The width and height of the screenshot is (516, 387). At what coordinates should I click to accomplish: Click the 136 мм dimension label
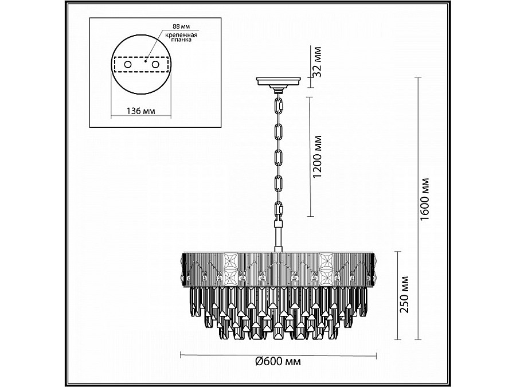pos(141,111)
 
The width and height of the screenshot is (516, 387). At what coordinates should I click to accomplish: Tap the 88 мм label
pos(181,26)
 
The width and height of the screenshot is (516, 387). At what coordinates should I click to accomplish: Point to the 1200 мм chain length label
pos(317,157)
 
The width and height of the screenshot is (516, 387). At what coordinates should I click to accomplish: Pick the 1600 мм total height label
pos(424,200)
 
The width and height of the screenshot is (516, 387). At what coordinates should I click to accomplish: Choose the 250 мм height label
pos(404,294)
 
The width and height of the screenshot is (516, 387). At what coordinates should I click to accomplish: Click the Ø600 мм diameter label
pos(278,361)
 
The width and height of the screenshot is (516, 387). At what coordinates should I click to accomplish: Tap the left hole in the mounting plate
pos(128,64)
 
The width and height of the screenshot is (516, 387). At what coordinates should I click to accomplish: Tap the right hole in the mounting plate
pos(155,64)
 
